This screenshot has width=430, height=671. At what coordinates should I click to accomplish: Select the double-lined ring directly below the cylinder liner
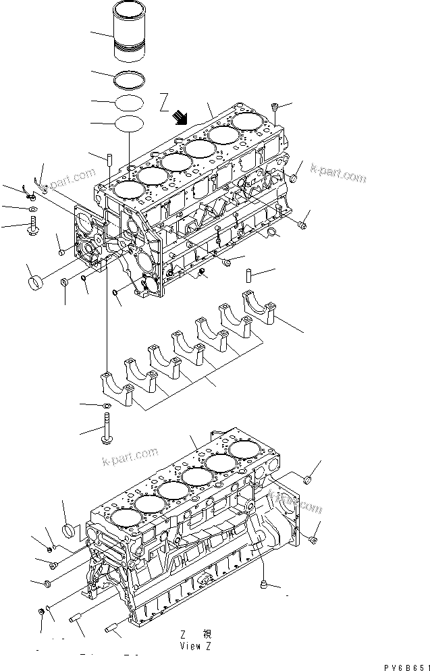click(x=130, y=80)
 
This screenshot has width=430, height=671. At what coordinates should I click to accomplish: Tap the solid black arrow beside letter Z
click(x=180, y=117)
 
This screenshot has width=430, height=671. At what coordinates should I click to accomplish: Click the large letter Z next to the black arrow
click(x=164, y=102)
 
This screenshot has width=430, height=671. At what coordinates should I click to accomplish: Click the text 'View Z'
click(x=196, y=645)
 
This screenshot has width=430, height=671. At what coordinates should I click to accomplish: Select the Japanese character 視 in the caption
click(x=207, y=634)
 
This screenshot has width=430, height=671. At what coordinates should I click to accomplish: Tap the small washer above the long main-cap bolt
click(x=107, y=406)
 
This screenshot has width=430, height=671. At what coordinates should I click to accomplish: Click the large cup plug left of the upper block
click(x=36, y=279)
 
